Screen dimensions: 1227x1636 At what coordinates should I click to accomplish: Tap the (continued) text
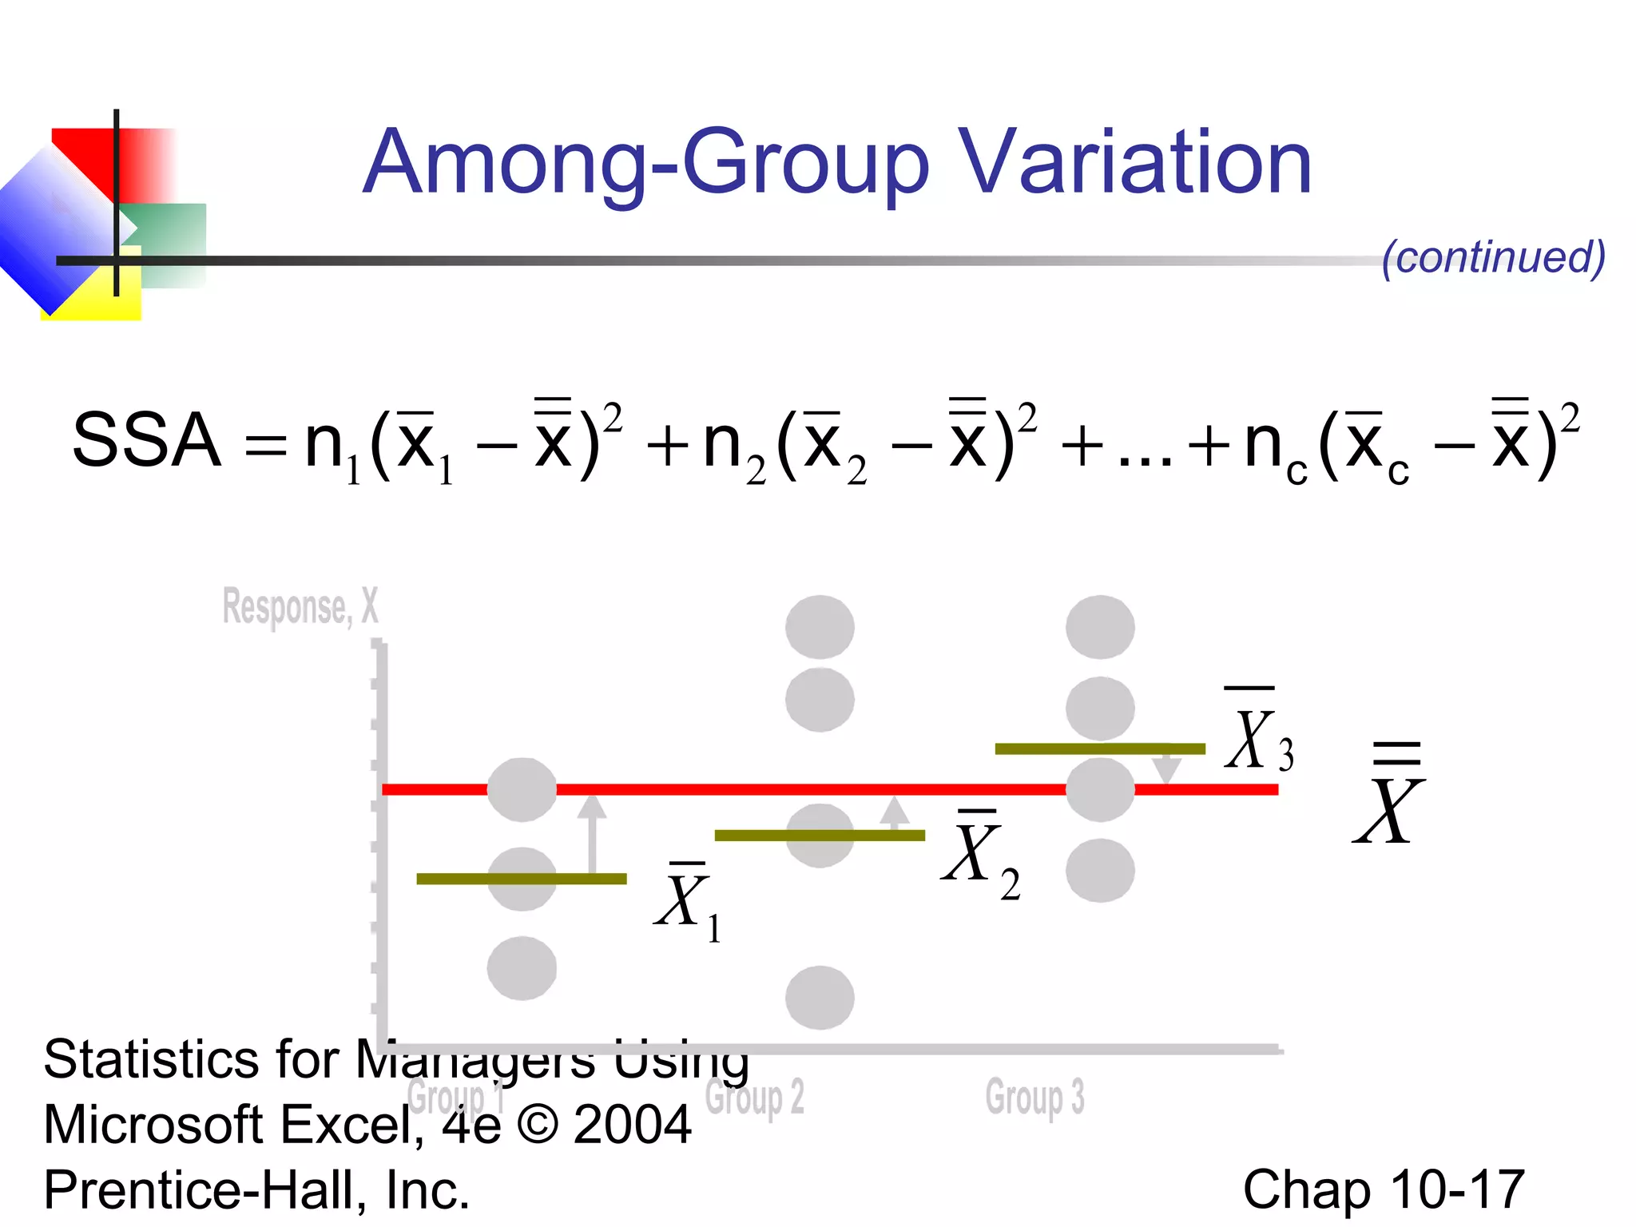click(1493, 257)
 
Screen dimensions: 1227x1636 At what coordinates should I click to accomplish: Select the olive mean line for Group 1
click(522, 879)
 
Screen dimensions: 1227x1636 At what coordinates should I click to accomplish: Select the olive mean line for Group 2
click(820, 836)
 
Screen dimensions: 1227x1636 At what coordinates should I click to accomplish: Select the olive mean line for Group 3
click(1100, 749)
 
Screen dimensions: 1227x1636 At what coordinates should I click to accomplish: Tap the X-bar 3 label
click(1258, 735)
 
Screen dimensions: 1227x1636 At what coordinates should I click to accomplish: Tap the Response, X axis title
click(300, 607)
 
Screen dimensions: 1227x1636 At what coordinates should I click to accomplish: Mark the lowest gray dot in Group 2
click(820, 997)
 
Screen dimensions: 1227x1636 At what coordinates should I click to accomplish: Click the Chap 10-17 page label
click(1384, 1189)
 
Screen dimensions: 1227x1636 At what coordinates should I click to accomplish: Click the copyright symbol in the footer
click(537, 1125)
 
